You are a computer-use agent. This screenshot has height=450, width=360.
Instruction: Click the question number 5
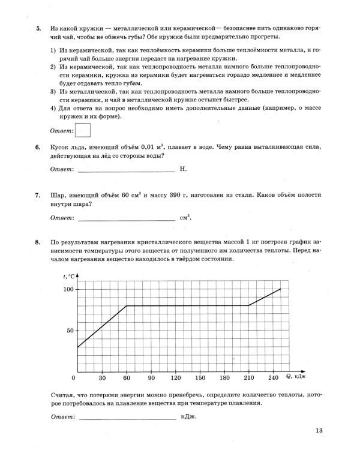38,29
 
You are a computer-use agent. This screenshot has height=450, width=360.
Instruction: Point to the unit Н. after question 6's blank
184,169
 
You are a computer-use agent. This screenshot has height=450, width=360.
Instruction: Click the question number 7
38,196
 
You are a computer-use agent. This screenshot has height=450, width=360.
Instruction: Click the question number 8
38,242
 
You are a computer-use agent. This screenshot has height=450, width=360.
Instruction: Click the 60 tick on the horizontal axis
127,378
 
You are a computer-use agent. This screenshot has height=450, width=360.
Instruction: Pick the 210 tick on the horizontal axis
248,378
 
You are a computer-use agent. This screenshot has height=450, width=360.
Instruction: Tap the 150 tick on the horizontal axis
200,378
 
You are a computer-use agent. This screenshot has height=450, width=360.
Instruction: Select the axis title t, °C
70,276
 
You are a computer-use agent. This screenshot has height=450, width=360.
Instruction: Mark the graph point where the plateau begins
127,306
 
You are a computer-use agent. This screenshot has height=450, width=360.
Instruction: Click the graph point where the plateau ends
248,306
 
